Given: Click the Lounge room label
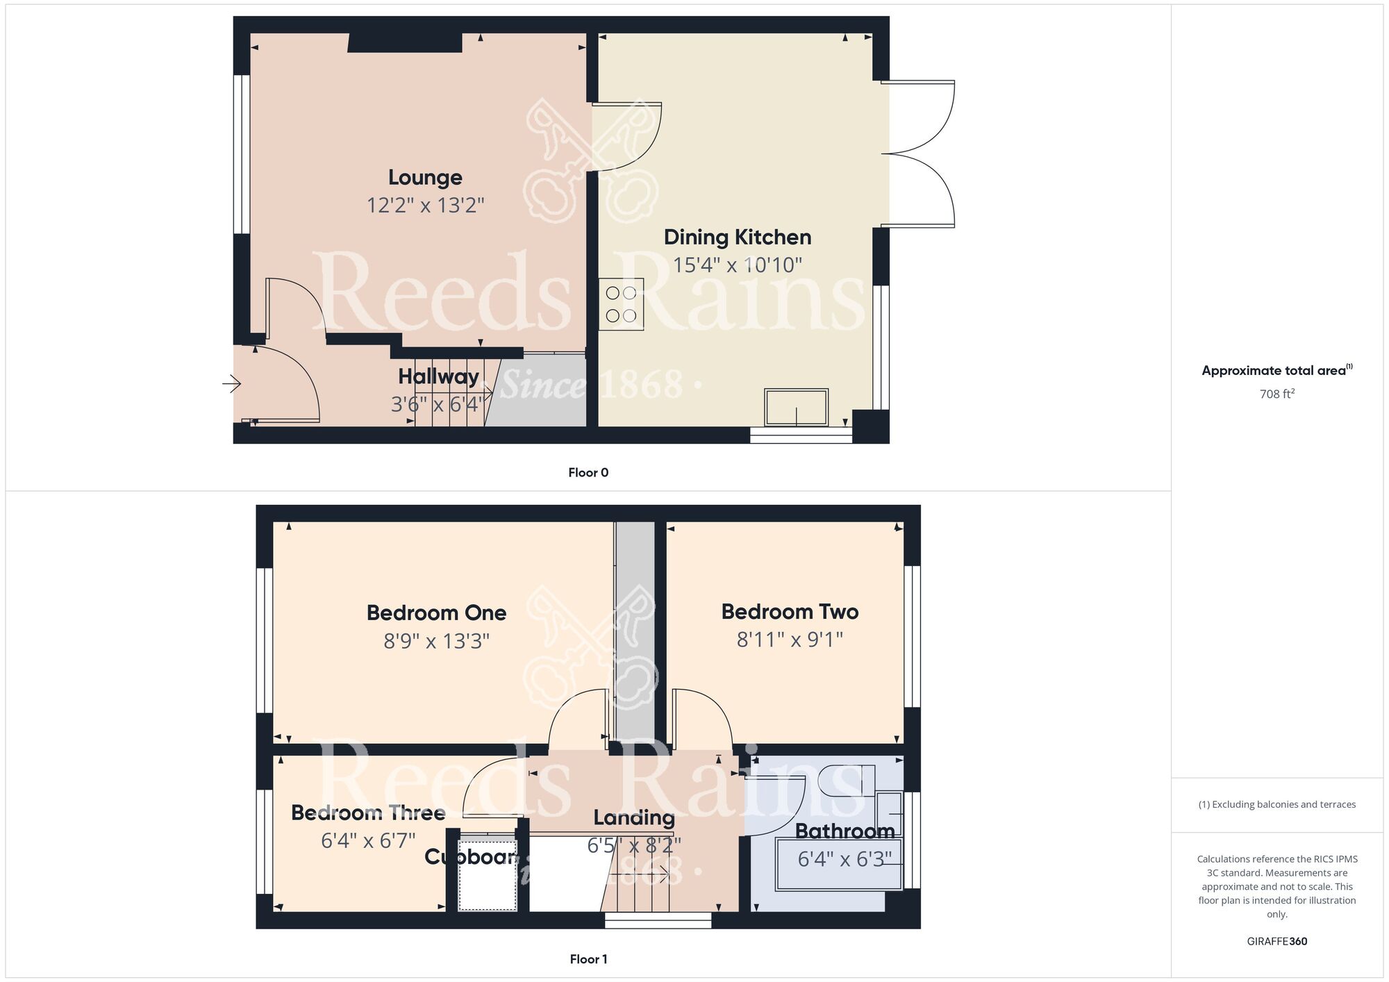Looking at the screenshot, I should point(425,178).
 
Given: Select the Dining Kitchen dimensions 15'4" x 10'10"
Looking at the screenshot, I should point(738,265).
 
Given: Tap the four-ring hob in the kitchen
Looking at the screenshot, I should point(621,304).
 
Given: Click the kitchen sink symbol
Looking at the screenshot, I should point(796,407).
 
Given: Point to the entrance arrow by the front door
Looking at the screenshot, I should point(232,383).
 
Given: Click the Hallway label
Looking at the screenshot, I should point(438,376).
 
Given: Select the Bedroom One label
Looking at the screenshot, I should point(436,613).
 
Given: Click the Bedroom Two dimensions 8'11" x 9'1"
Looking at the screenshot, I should point(790,640).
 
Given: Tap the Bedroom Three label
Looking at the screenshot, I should point(367,813).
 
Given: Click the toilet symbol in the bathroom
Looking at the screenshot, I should point(847,781).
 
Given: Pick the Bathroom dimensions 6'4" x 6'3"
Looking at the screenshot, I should point(844,860).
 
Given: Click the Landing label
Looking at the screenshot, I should point(633,818).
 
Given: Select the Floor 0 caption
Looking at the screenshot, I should point(588,473).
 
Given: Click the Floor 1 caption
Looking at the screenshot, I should point(588,959).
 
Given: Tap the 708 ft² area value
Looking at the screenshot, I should point(1276,394).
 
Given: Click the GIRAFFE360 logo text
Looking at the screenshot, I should point(1276,942).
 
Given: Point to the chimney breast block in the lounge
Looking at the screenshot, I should point(405,43).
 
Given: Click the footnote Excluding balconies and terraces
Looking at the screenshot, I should point(1276,804).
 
